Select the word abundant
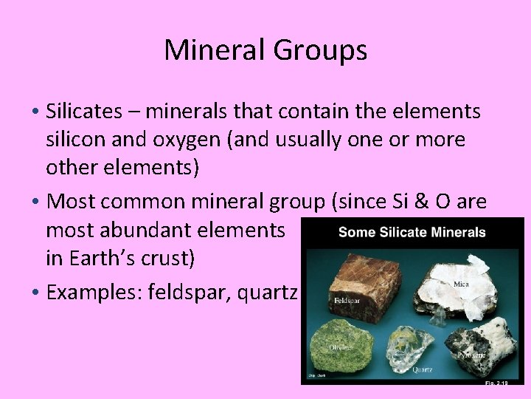click(x=159, y=231)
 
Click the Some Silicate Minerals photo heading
click(x=412, y=233)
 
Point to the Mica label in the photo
click(x=462, y=284)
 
